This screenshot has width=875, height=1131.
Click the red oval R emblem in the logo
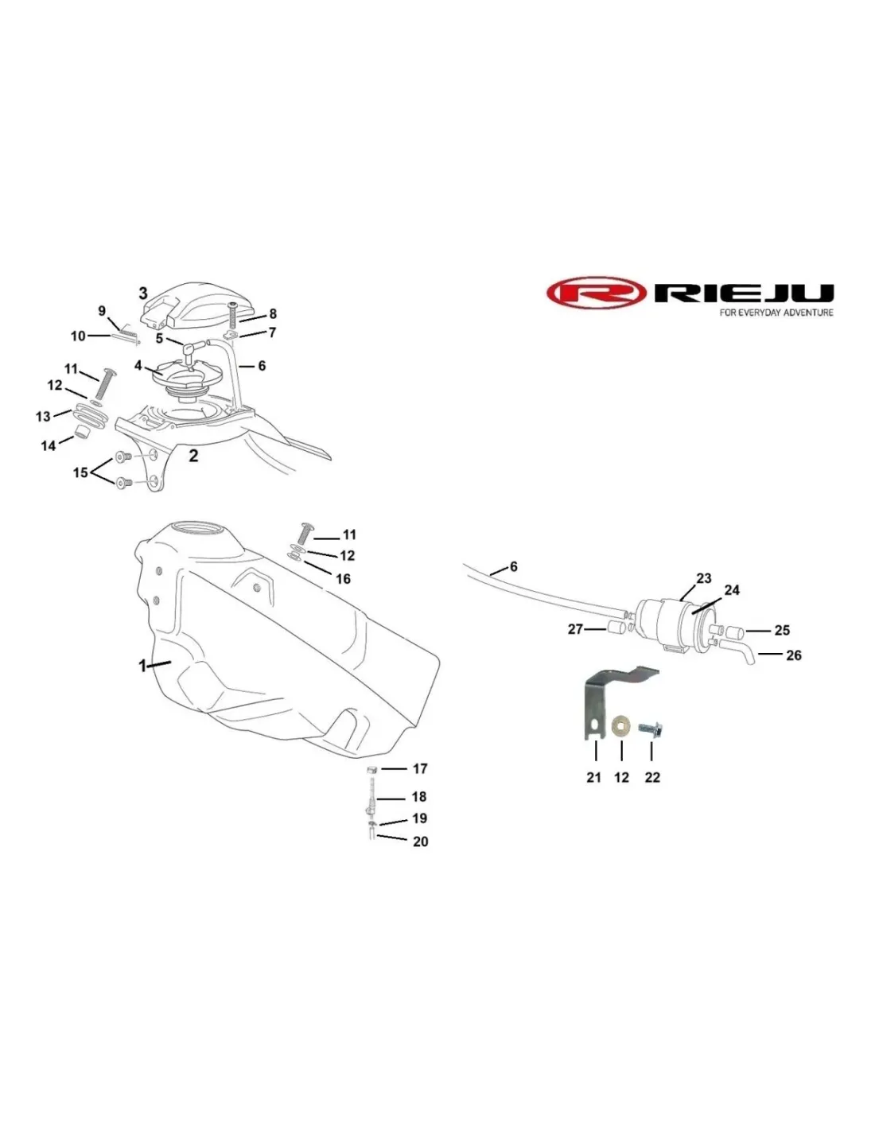pyautogui.click(x=596, y=293)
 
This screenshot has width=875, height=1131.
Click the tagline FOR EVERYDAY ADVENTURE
pyautogui.click(x=776, y=313)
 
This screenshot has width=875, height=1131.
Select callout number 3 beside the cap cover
pyautogui.click(x=143, y=293)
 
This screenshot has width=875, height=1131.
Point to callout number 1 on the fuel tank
pyautogui.click(x=142, y=665)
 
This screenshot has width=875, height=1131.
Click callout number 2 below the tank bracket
pyautogui.click(x=193, y=456)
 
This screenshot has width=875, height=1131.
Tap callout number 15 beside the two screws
pyautogui.click(x=80, y=473)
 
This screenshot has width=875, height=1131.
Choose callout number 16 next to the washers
pyautogui.click(x=343, y=579)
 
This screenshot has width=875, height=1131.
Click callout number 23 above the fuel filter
pyautogui.click(x=704, y=578)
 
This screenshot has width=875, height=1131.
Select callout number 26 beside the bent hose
pyautogui.click(x=793, y=655)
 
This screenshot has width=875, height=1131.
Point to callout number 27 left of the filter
pyautogui.click(x=574, y=629)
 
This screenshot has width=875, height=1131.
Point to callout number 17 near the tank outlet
pyautogui.click(x=420, y=768)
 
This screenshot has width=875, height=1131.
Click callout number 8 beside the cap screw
pyautogui.click(x=273, y=314)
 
